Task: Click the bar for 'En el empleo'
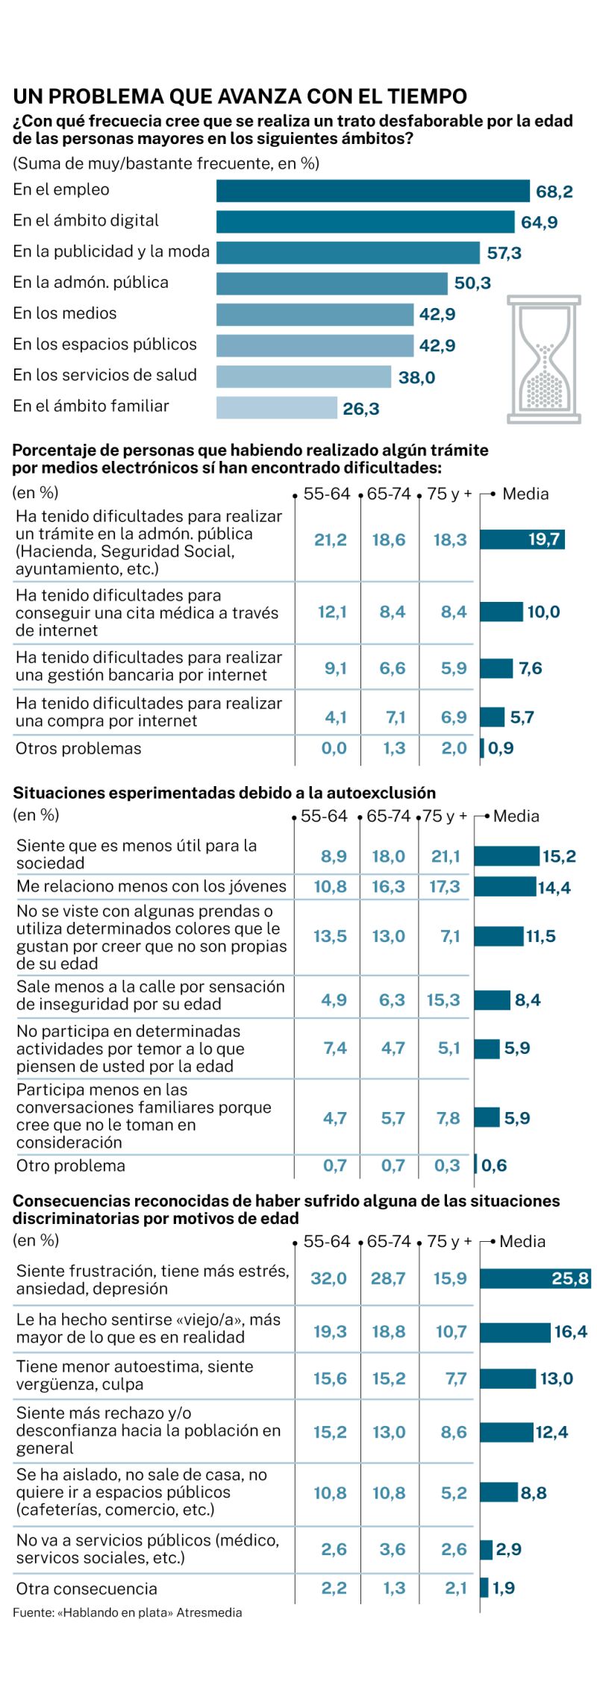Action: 372,191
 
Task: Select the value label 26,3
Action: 361,409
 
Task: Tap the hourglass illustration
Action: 543,359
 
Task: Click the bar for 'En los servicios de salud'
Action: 303,377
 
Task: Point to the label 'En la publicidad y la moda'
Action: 111,251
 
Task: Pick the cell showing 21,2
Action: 331,540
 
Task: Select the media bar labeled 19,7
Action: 522,539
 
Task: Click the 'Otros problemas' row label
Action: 78,749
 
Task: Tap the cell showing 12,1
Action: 332,612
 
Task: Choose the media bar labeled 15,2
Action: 506,856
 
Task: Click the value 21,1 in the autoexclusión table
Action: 446,856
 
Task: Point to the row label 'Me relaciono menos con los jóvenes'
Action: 151,886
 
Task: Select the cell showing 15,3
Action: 443,1000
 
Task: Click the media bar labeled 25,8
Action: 534,1278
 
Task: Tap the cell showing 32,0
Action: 329,1278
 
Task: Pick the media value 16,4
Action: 570,1331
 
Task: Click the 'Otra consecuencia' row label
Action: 87,1589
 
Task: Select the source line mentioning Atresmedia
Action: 127,1613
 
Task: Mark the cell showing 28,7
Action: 389,1278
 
